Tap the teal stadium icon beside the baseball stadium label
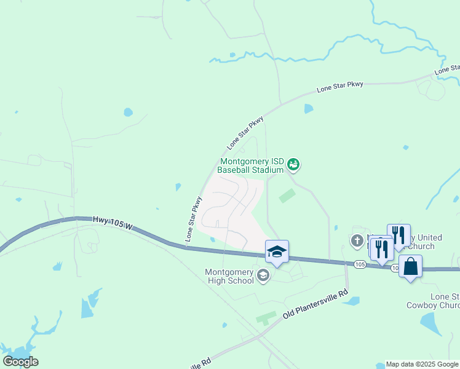point(295,164)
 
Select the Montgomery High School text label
point(229,276)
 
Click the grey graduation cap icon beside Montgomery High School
point(263,275)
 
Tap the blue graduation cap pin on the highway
point(277,252)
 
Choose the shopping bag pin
point(410,267)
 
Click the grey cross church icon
point(357,240)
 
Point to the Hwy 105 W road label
point(113,223)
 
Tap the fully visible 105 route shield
point(360,264)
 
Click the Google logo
point(20,362)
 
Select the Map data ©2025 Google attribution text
point(422,364)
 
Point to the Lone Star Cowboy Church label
point(433,301)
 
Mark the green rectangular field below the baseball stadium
point(287,196)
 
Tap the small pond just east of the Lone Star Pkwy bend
point(308,109)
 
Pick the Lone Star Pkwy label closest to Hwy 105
point(193,218)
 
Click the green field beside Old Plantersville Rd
point(266,318)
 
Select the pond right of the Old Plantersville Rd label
point(352,301)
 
